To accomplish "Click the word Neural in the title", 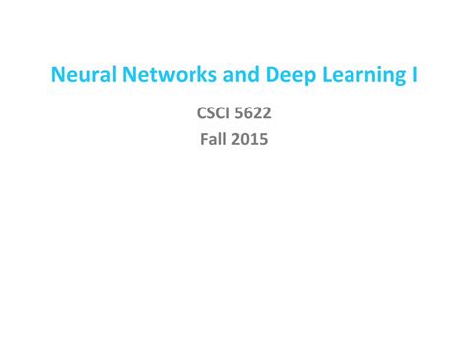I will pyautogui.click(x=78, y=75).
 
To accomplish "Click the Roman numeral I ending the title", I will pyautogui.click(x=413, y=75).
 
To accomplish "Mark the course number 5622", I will pyautogui.click(x=254, y=114).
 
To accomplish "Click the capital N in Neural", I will pyautogui.click(x=57, y=75).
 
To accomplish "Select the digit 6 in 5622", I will pyautogui.click(x=249, y=114).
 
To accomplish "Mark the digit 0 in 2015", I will pyautogui.click(x=246, y=139).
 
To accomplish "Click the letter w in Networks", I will pyautogui.click(x=156, y=76).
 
